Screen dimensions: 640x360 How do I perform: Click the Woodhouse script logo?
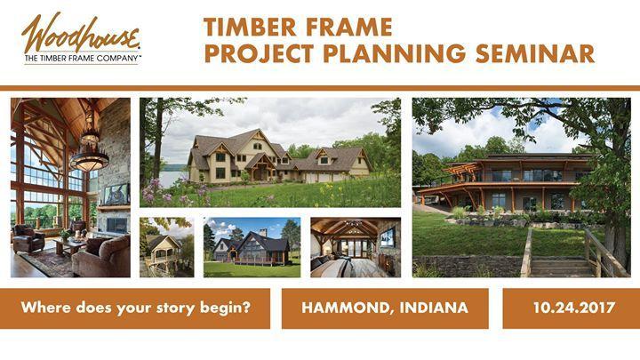[x=80, y=33]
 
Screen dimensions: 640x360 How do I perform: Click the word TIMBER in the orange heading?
[x=250, y=28]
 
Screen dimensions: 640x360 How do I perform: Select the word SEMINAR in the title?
[x=535, y=53]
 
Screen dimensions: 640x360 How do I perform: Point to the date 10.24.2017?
[x=574, y=308]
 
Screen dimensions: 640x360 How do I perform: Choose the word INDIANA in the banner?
[x=434, y=308]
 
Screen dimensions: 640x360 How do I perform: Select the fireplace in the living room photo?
[x=116, y=225]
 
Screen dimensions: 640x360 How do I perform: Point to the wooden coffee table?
[x=70, y=245]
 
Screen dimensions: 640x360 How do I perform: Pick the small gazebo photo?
[x=167, y=247]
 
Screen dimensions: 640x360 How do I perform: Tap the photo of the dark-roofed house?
[x=252, y=247]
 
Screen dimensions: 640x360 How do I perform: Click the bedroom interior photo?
[x=356, y=247]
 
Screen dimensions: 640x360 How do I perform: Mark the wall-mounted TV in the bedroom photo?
[x=388, y=237]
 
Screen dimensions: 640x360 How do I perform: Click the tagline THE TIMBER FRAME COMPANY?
[x=82, y=59]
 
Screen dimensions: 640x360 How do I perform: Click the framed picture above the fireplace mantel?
[x=116, y=195]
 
